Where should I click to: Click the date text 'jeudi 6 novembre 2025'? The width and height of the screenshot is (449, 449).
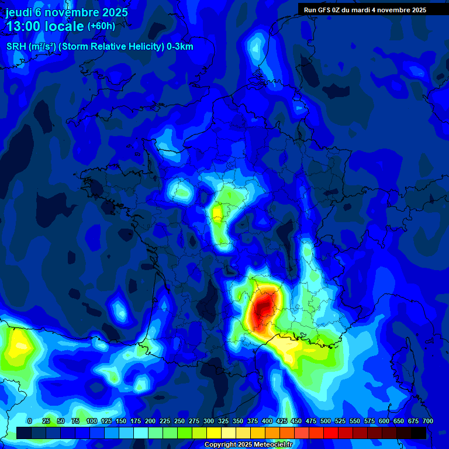coord(67,12)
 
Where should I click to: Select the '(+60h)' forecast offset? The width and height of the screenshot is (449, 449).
coord(101,26)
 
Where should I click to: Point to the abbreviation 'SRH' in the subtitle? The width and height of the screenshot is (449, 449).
coord(16,47)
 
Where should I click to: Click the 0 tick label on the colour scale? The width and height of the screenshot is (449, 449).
coord(30,421)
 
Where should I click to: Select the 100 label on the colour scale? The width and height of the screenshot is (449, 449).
coord(91,421)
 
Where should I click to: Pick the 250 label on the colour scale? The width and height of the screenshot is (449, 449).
coord(179,421)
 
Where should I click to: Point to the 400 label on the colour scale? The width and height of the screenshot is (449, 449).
coord(267,421)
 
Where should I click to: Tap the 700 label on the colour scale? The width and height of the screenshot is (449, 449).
coord(427,421)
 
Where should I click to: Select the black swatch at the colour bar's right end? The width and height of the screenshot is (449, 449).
coord(419,433)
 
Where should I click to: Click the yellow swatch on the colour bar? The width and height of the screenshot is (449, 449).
coord(214,433)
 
